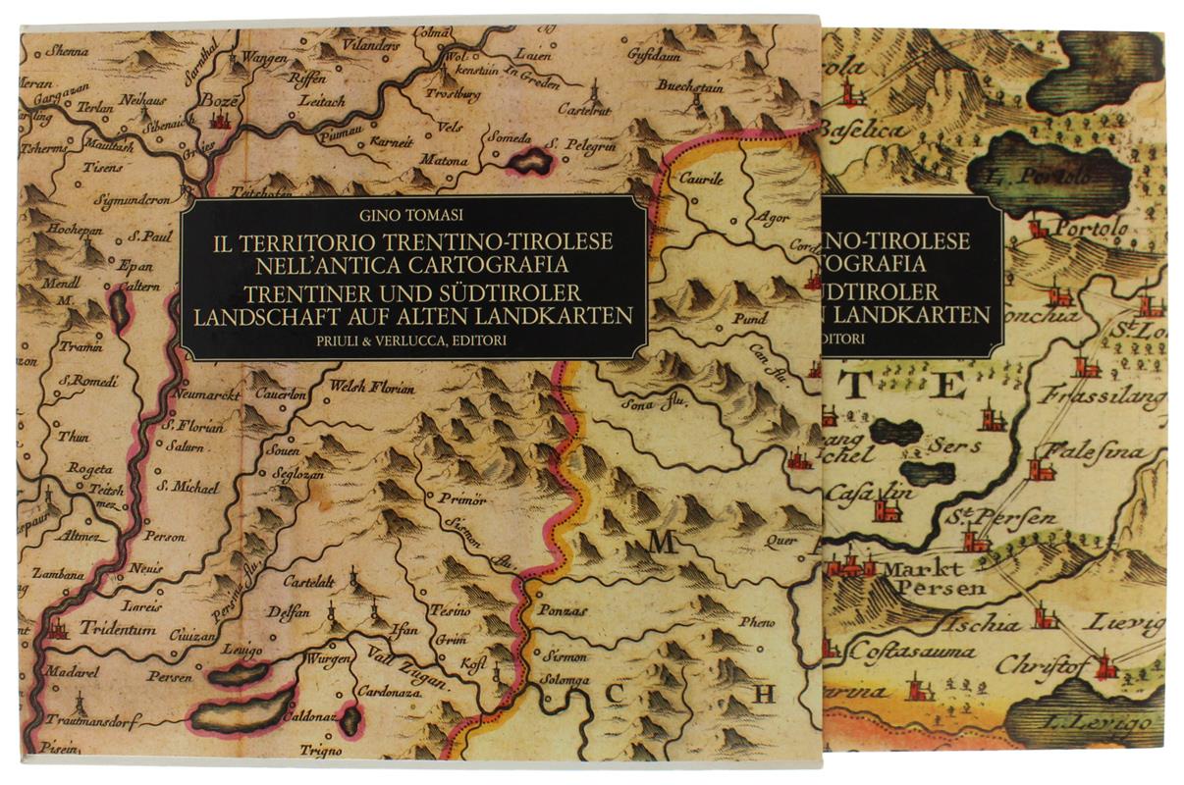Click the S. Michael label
[x=195, y=486]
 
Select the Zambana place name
[x=58, y=575]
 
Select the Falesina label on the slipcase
[x=1096, y=452]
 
